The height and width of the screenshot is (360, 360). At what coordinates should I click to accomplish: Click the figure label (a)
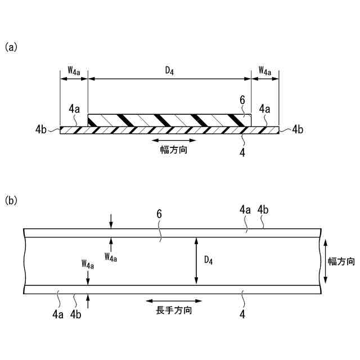point(11,47)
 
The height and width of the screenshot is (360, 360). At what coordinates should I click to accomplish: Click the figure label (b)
point(11,200)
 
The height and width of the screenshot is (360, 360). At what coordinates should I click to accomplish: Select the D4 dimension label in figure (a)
point(169,70)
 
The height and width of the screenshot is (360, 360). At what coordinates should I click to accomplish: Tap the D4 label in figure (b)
point(208,260)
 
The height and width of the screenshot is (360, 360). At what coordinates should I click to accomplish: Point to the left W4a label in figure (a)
point(74,70)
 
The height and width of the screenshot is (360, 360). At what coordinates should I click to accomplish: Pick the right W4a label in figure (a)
point(265,70)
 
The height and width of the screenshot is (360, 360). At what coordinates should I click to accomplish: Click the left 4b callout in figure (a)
point(40,129)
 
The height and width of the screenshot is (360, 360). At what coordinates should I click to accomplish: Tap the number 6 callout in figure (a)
point(242,100)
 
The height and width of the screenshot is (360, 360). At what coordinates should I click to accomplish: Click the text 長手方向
point(174,310)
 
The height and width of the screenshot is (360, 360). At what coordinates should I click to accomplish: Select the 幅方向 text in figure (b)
point(341,261)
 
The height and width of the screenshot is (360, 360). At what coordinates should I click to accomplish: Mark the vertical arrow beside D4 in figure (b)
point(196,260)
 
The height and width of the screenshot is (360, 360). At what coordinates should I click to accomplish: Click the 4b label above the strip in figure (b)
point(263,210)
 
